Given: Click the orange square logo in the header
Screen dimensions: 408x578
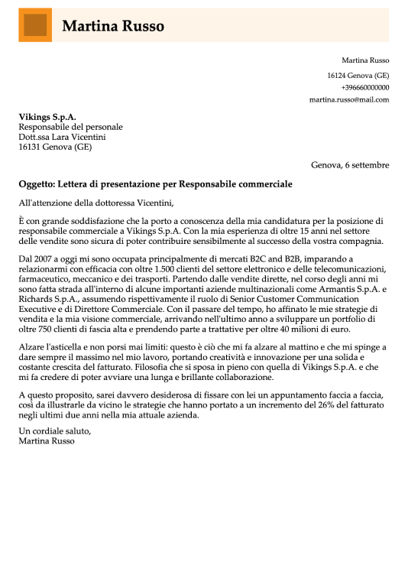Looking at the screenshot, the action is (x=35, y=25).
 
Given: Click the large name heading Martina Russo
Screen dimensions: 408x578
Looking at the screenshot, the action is (x=113, y=26).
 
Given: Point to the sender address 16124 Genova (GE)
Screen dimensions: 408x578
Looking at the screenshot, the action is (x=358, y=75).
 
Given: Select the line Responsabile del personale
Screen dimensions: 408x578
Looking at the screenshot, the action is (x=70, y=127).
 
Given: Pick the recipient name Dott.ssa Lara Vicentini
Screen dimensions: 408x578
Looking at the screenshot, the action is (x=62, y=137).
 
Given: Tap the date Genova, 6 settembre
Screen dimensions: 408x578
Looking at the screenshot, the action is (x=350, y=164).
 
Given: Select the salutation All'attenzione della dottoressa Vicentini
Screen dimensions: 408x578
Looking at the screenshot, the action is (x=96, y=203).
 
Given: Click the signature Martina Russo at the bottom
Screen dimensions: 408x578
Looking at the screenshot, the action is (x=47, y=441).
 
